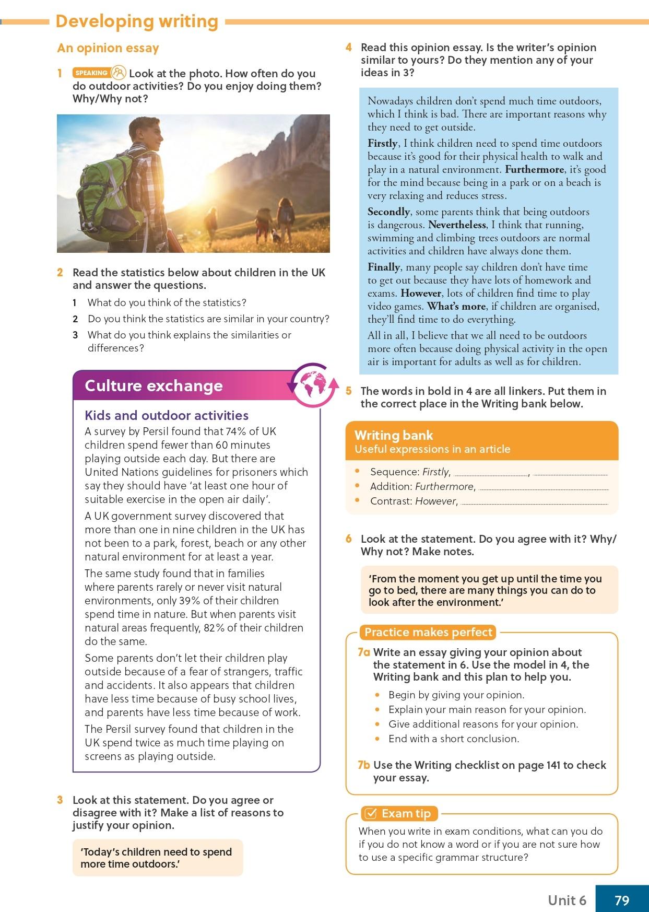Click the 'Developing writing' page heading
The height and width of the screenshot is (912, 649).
coord(137,21)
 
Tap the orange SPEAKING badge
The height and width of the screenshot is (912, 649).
coord(91,73)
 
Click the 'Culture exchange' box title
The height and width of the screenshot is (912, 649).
coord(154,385)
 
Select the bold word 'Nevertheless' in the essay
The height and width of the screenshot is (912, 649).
coord(457,225)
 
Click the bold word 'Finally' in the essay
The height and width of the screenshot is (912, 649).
coord(384,267)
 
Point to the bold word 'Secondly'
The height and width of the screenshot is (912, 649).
coord(388,212)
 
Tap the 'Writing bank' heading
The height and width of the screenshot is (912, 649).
coord(394,435)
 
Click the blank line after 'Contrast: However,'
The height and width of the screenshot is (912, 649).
coord(535,502)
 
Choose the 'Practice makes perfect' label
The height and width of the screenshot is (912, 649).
coord(428,633)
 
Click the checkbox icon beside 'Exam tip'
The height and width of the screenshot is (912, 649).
coord(370,814)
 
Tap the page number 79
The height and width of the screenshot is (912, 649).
coord(622,900)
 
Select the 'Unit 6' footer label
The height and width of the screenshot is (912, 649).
coord(567,900)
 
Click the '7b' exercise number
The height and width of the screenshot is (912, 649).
coord(364,765)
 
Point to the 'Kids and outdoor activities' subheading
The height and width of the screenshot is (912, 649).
coord(167,415)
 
